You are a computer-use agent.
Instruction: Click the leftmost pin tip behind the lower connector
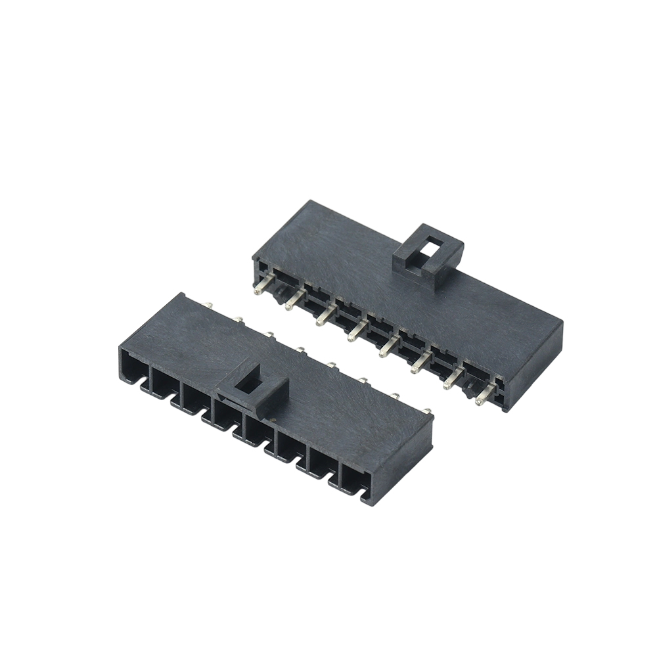pyautogui.click(x=208, y=305)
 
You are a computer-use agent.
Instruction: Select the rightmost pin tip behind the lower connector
pyautogui.click(x=428, y=411)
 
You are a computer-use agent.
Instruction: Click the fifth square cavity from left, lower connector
pyautogui.click(x=259, y=430)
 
